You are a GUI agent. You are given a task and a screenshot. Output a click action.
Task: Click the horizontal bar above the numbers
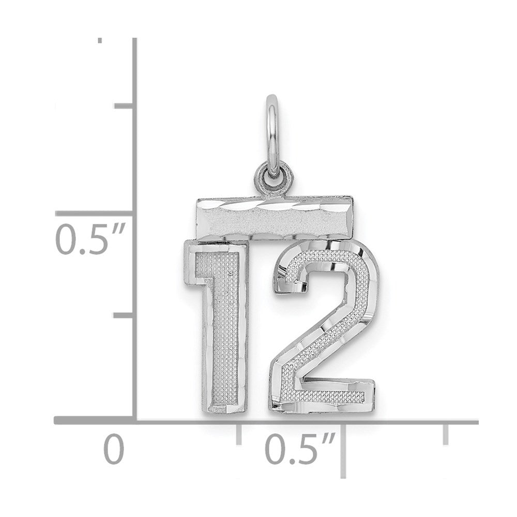pos(275,217)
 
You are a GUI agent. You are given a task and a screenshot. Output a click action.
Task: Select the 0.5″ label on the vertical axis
pos(89,239)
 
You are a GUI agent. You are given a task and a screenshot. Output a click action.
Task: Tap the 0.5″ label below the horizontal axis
pos(300,449)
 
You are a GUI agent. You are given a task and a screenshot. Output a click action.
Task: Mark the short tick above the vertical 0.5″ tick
pos(124,105)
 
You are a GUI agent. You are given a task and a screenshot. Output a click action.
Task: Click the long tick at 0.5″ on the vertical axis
pos(94,214)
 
